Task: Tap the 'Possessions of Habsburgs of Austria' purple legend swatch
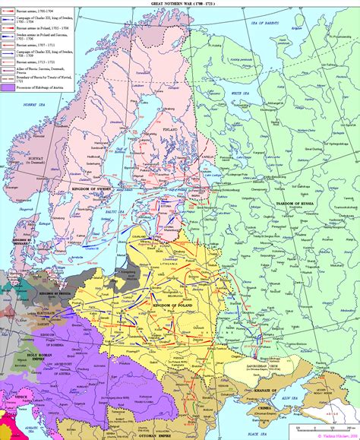coord(6,87)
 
